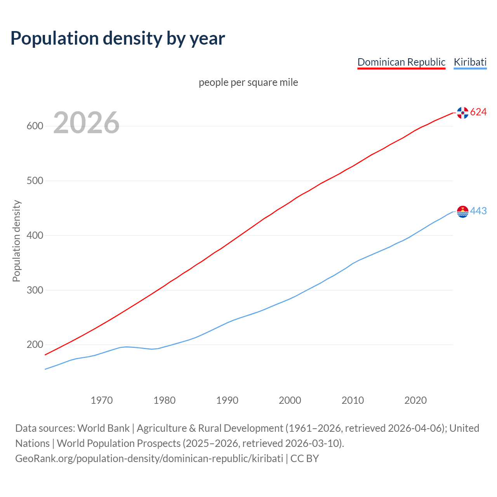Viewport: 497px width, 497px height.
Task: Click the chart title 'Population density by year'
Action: pyautogui.click(x=118, y=38)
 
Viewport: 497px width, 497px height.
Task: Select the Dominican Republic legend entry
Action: pyautogui.click(x=401, y=62)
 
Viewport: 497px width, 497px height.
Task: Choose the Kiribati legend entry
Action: pyautogui.click(x=470, y=62)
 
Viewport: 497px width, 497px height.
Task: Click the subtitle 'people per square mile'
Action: pyautogui.click(x=248, y=83)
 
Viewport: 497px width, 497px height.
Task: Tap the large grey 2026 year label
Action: pyautogui.click(x=86, y=123)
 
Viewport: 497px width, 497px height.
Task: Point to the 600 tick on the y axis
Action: pyautogui.click(x=35, y=126)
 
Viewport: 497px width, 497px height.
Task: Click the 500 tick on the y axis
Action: pyautogui.click(x=35, y=181)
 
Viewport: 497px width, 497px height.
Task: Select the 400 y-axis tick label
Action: pyautogui.click(x=35, y=236)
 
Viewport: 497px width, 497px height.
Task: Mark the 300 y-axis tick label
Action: pyautogui.click(x=35, y=290)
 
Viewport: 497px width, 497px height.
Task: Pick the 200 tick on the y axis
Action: pyautogui.click(x=35, y=345)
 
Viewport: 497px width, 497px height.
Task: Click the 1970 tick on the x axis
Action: pyautogui.click(x=102, y=400)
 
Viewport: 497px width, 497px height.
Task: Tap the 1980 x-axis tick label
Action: pyautogui.click(x=165, y=400)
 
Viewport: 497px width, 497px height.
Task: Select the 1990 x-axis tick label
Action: pyautogui.click(x=227, y=400)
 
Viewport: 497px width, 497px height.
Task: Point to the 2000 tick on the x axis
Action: pyautogui.click(x=290, y=400)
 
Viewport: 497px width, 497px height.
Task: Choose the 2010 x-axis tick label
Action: pyautogui.click(x=353, y=400)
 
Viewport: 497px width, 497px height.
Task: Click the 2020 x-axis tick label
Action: pyautogui.click(x=415, y=400)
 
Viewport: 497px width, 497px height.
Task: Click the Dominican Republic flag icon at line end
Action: pyautogui.click(x=462, y=113)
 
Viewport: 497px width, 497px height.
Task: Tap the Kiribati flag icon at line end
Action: pyautogui.click(x=462, y=212)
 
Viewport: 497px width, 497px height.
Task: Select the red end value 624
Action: pyautogui.click(x=478, y=112)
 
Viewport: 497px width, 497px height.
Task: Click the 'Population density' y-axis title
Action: pyautogui.click(x=16, y=241)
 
